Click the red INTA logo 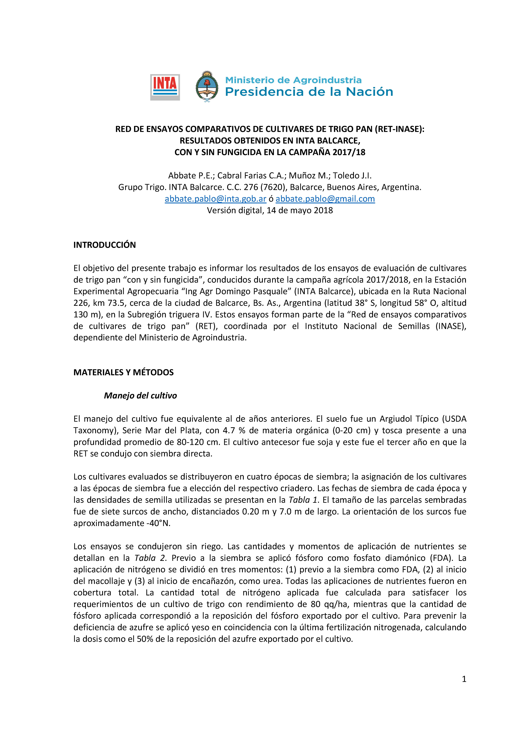165,87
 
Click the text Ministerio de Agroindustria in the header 293,80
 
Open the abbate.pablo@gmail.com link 325,199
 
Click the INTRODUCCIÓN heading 105,245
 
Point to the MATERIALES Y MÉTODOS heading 123,372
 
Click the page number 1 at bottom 464,679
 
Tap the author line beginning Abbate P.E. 270,176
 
